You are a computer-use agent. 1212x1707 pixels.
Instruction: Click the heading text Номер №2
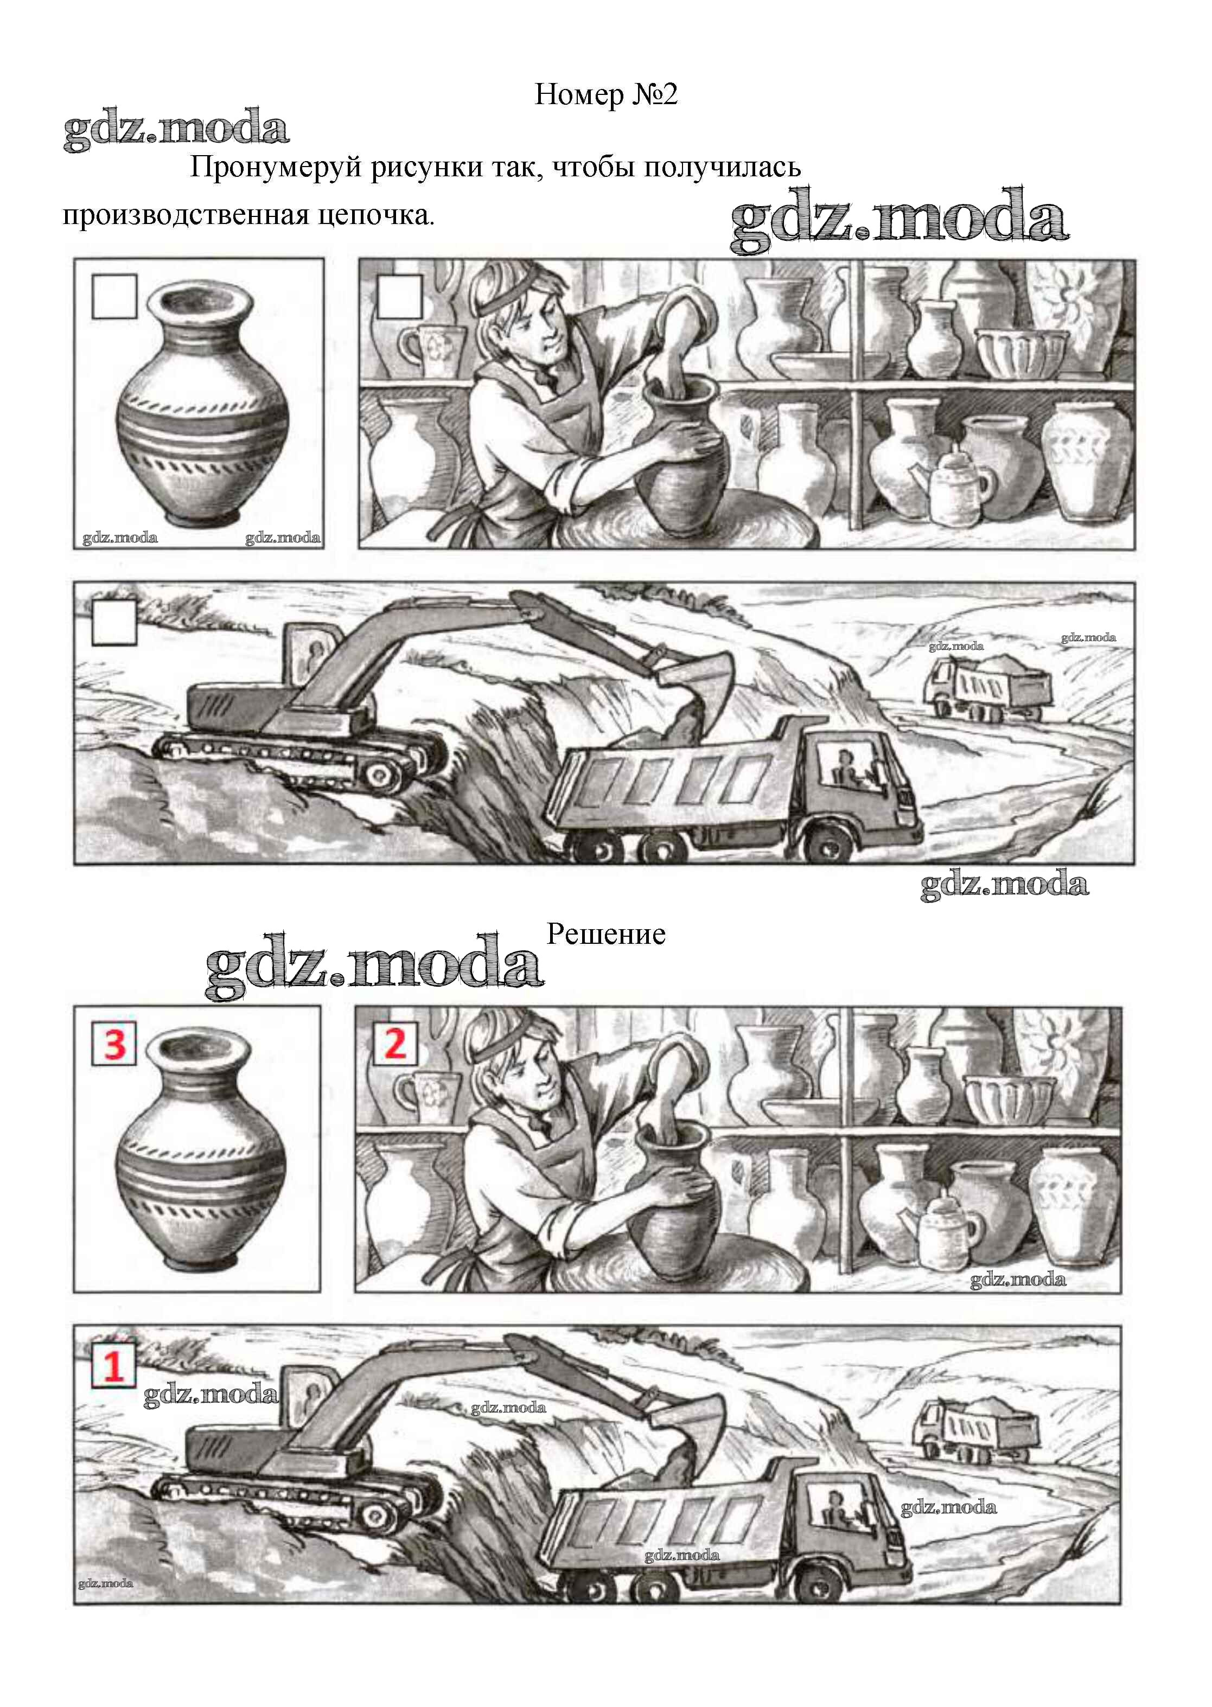tap(606, 95)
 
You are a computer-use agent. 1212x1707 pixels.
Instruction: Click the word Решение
tap(606, 934)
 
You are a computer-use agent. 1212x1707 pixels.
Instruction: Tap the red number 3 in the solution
tap(114, 1044)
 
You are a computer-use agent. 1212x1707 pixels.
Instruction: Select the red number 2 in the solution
tap(396, 1043)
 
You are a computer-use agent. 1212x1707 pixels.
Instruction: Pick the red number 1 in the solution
tap(113, 1367)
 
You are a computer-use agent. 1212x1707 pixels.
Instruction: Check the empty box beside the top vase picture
tap(114, 296)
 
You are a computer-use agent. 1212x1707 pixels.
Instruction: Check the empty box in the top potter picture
tap(400, 296)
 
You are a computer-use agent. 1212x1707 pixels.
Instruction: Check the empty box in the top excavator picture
tap(114, 622)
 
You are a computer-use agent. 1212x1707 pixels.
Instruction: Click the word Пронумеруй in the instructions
tap(276, 167)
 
